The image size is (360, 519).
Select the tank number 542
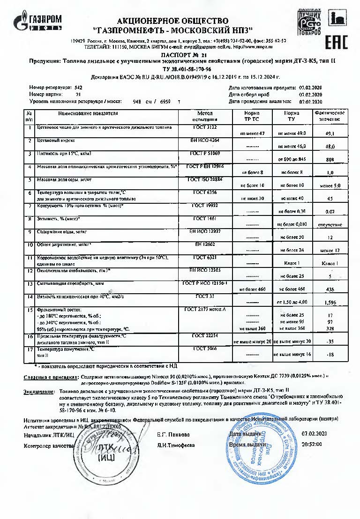click(x=78, y=88)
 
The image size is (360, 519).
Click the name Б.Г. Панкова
click(x=173, y=434)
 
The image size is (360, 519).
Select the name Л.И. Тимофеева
click(x=176, y=445)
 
